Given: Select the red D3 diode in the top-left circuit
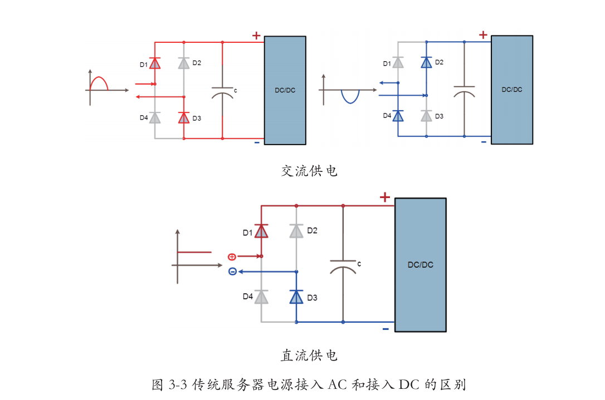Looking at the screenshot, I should pyautogui.click(x=184, y=117).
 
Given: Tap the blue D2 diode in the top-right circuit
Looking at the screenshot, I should pyautogui.click(x=426, y=62).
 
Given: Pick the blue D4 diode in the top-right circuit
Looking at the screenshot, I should pyautogui.click(x=398, y=116).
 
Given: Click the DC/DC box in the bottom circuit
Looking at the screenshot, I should pyautogui.click(x=420, y=265).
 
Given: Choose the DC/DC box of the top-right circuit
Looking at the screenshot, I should pyautogui.click(x=511, y=90).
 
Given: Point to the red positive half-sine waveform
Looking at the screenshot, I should pyautogui.click(x=99, y=82).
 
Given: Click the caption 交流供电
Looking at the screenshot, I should pyautogui.click(x=309, y=171).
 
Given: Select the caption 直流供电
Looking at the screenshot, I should pyautogui.click(x=309, y=355).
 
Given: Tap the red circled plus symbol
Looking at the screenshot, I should pyautogui.click(x=232, y=256).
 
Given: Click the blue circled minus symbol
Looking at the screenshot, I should pyautogui.click(x=232, y=271).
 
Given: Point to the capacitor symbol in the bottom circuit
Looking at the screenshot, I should pyautogui.click(x=343, y=265).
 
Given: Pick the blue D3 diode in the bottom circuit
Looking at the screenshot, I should pyautogui.click(x=296, y=297).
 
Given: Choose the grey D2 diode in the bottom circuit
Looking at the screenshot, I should pyautogui.click(x=296, y=230).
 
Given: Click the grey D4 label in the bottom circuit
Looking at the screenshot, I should pyautogui.click(x=247, y=297).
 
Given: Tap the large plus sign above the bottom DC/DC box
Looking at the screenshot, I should pyautogui.click(x=384, y=197).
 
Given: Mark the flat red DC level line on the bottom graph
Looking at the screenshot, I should pyautogui.click(x=194, y=252).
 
